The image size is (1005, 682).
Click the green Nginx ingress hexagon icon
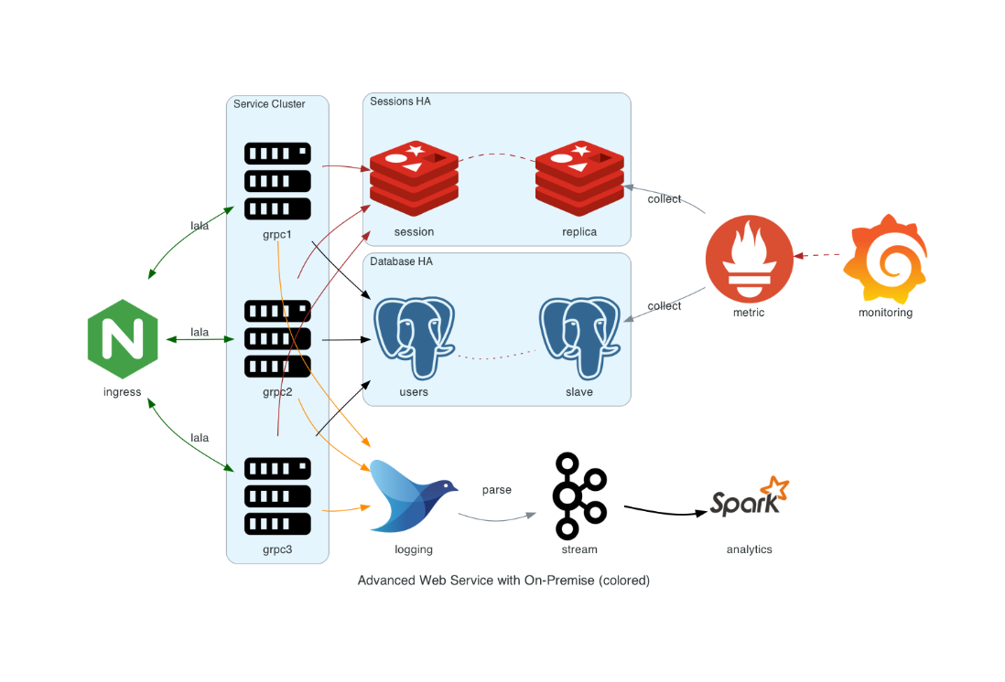click(x=123, y=338)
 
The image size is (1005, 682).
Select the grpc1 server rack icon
click(x=277, y=181)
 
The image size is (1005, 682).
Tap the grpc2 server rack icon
click(x=277, y=338)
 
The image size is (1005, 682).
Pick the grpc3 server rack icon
click(x=277, y=496)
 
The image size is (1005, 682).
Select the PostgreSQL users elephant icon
click(x=414, y=337)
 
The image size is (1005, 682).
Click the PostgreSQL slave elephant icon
click(x=579, y=337)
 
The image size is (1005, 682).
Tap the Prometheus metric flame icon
click(x=749, y=259)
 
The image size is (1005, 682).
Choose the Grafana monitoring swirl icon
click(x=885, y=259)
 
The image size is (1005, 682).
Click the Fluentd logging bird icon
click(x=414, y=496)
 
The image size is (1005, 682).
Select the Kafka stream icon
click(x=579, y=496)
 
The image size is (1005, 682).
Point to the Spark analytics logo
click(x=749, y=498)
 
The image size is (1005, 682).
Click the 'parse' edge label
click(x=496, y=490)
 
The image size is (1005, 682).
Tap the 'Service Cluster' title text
click(x=269, y=104)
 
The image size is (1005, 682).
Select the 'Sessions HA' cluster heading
click(x=400, y=101)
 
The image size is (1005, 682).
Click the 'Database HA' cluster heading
click(x=401, y=261)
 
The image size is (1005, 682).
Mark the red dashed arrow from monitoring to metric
click(x=819, y=255)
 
